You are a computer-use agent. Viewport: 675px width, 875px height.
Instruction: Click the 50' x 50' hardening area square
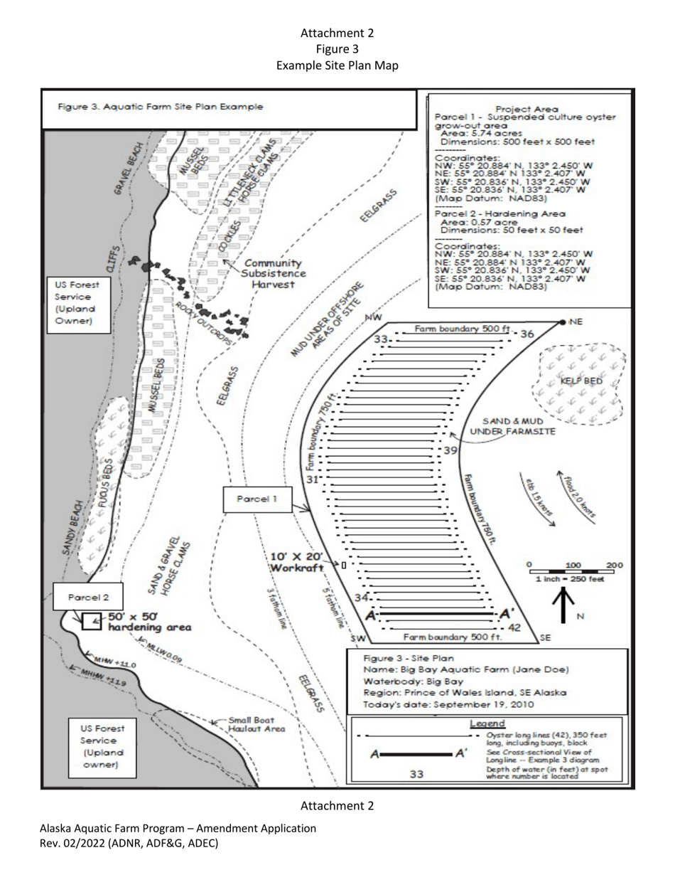pos(91,621)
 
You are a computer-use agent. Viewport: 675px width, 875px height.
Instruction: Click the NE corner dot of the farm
pos(563,322)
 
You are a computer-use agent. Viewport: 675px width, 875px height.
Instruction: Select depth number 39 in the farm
pos(450,451)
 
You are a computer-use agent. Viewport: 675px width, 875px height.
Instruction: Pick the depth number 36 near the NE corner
pos(526,334)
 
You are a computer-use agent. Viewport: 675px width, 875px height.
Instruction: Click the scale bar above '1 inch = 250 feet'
pos(572,571)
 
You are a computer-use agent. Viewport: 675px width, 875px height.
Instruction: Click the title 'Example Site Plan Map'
pos(337,65)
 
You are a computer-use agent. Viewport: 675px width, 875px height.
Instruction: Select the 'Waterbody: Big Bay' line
pos(403,681)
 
